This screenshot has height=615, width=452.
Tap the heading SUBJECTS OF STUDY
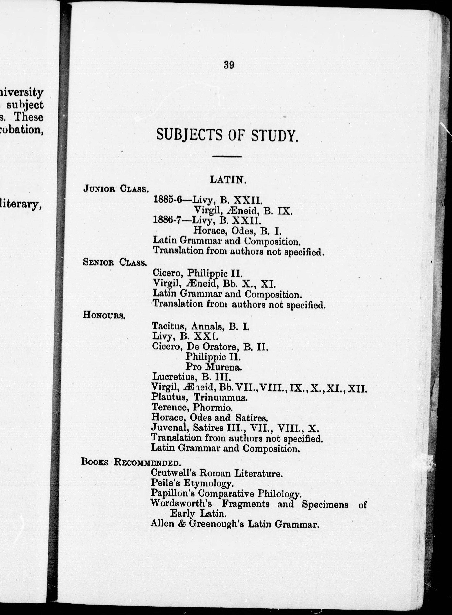(227, 135)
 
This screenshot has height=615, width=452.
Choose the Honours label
(104, 315)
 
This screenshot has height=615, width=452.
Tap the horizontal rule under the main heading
(227, 157)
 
